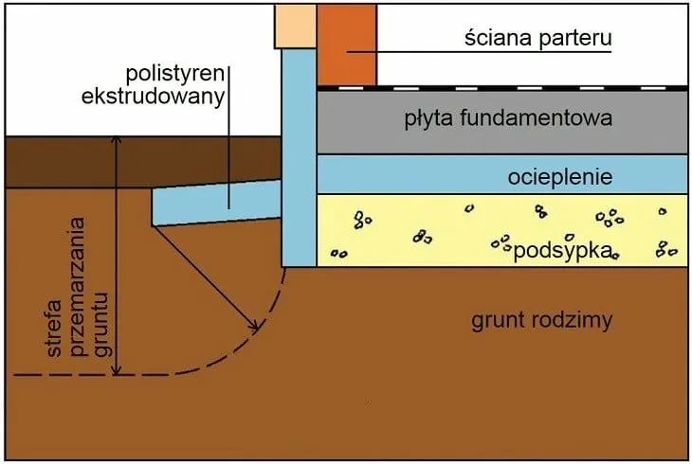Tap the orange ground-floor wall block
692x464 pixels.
tap(347, 43)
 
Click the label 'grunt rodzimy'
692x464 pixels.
tap(542, 319)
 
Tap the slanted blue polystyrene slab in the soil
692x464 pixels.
tap(213, 204)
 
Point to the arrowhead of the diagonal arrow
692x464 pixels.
tap(255, 328)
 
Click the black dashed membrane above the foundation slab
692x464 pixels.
tap(502, 87)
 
